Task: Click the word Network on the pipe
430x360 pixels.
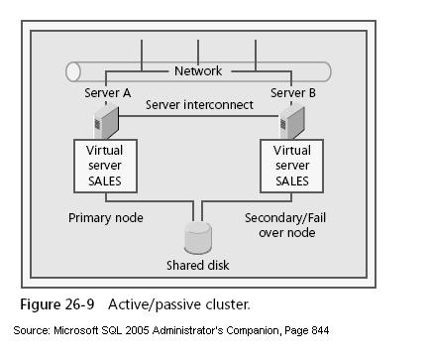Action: click(x=198, y=71)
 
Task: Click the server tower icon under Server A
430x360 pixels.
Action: click(x=102, y=123)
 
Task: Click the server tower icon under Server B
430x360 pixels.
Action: click(x=289, y=123)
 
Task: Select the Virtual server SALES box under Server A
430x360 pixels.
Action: click(x=105, y=166)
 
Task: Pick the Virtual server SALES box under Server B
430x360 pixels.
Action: click(x=292, y=166)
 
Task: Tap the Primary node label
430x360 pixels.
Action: click(x=105, y=216)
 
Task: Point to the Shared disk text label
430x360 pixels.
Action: click(x=199, y=266)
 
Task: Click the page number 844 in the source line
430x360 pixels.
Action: click(x=317, y=329)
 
